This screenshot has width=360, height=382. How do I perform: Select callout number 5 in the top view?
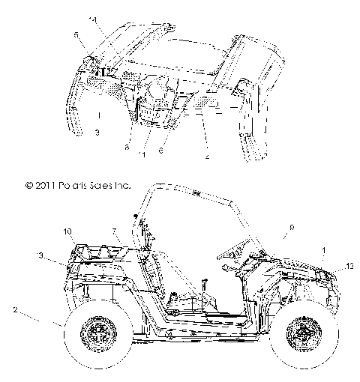pyautogui.click(x=75, y=34)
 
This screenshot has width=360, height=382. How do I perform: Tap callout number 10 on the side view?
pyautogui.click(x=67, y=231)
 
